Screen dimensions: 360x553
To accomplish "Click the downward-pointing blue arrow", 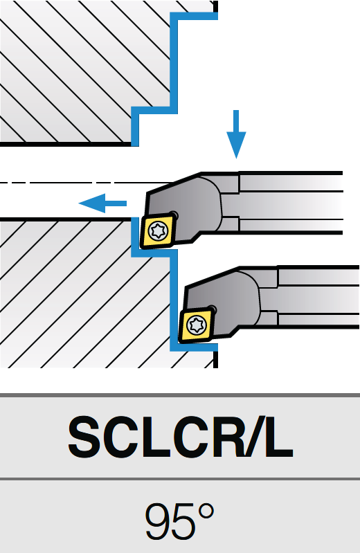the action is [236, 134].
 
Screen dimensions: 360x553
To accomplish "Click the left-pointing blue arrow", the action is [102, 203].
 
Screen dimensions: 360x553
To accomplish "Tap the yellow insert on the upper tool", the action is [158, 231].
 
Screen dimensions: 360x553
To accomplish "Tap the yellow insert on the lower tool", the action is [197, 325].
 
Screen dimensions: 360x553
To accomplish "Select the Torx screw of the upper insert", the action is [158, 231].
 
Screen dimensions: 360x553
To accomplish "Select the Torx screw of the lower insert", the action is [196, 325].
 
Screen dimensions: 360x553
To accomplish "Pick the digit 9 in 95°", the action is [157, 521].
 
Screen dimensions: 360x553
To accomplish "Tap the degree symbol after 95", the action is [206, 513].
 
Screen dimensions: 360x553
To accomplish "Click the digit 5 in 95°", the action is [183, 522].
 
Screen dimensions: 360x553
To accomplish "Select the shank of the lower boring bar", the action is [318, 297].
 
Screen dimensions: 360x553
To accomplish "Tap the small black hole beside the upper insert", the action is [174, 215].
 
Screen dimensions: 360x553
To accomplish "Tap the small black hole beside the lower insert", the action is [212, 309].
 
